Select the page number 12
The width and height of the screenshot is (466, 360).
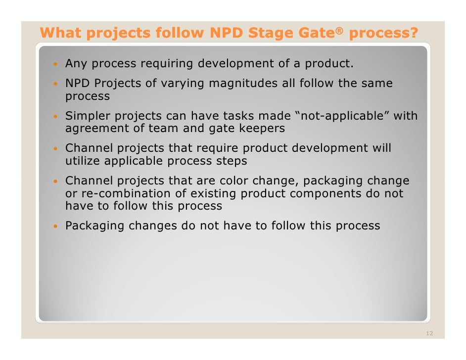[x=429, y=334]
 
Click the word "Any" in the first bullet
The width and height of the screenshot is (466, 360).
[x=76, y=64]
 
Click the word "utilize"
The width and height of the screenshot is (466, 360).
[x=83, y=161]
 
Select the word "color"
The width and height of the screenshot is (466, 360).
[x=234, y=181]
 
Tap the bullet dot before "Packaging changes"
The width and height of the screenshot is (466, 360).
[x=57, y=226]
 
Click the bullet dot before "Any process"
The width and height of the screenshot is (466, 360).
[x=57, y=64]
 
